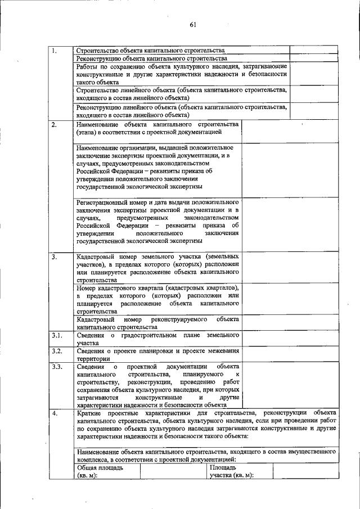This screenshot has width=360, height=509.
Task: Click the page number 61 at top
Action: [x=192, y=24]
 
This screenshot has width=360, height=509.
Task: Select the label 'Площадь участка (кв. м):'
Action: [x=231, y=471]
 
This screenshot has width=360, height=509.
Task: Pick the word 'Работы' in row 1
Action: [x=88, y=66]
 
